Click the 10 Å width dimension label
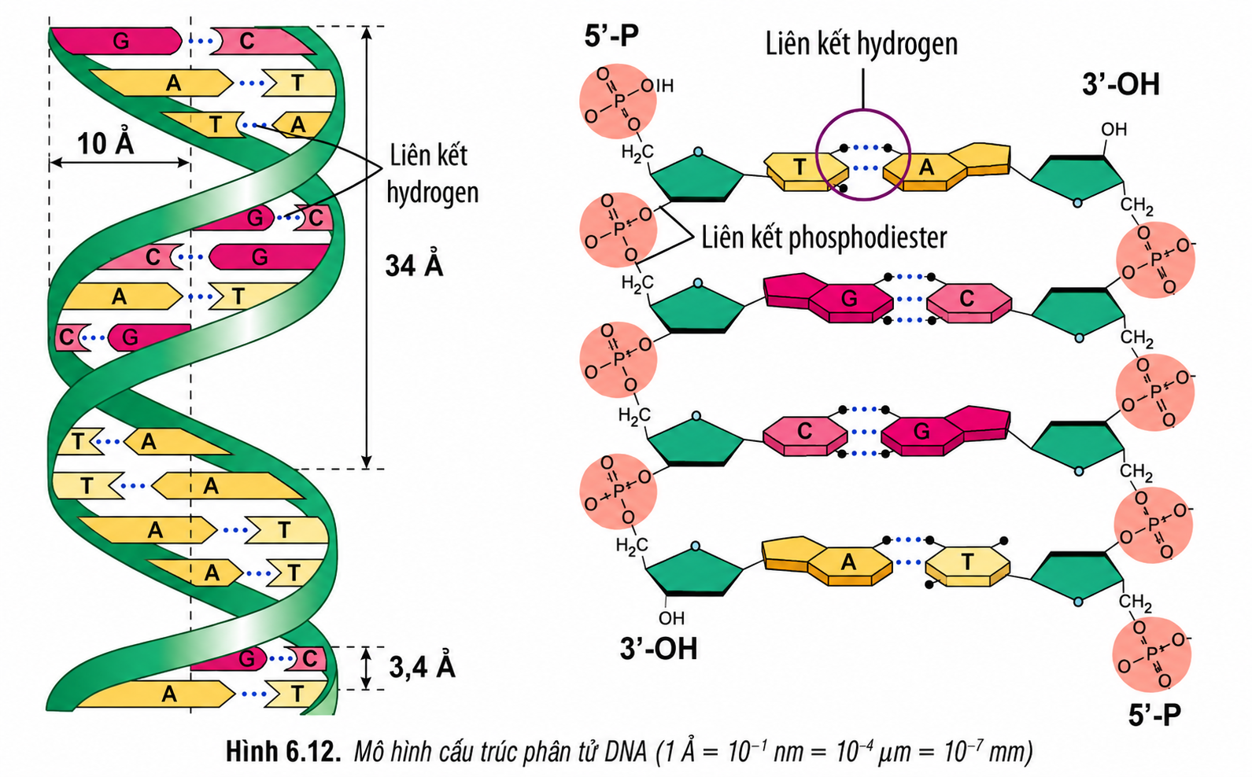click(105, 143)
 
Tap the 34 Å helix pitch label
click(414, 265)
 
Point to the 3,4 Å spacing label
click(422, 667)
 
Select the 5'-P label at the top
click(611, 36)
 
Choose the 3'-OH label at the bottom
click(659, 649)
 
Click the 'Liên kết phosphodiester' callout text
click(824, 238)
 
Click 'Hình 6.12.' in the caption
click(283, 751)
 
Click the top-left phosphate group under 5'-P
click(618, 101)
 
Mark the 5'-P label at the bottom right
click(1154, 715)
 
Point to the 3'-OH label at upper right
click(1121, 85)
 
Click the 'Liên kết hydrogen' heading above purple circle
click(862, 44)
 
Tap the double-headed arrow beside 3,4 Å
click(366, 668)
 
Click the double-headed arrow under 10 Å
click(120, 163)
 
